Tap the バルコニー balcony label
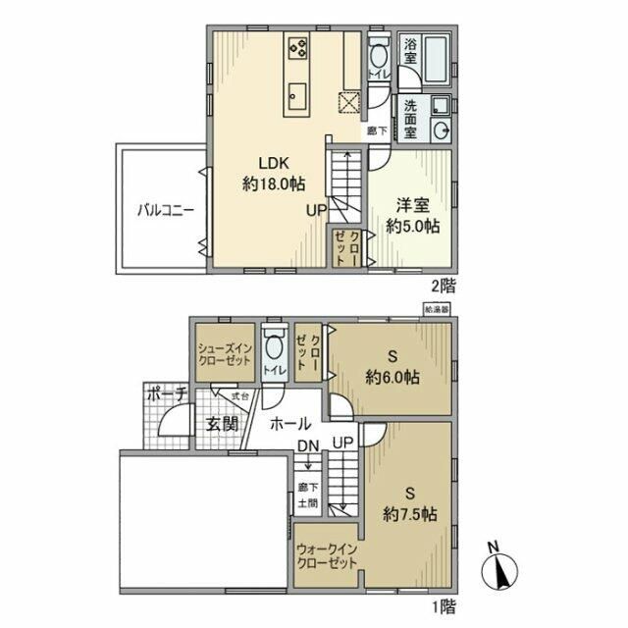click(x=165, y=209)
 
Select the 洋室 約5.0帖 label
click(x=411, y=215)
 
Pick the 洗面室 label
click(x=409, y=118)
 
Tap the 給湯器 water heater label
click(x=436, y=308)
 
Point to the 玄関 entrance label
click(x=222, y=424)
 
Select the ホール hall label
click(x=291, y=424)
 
